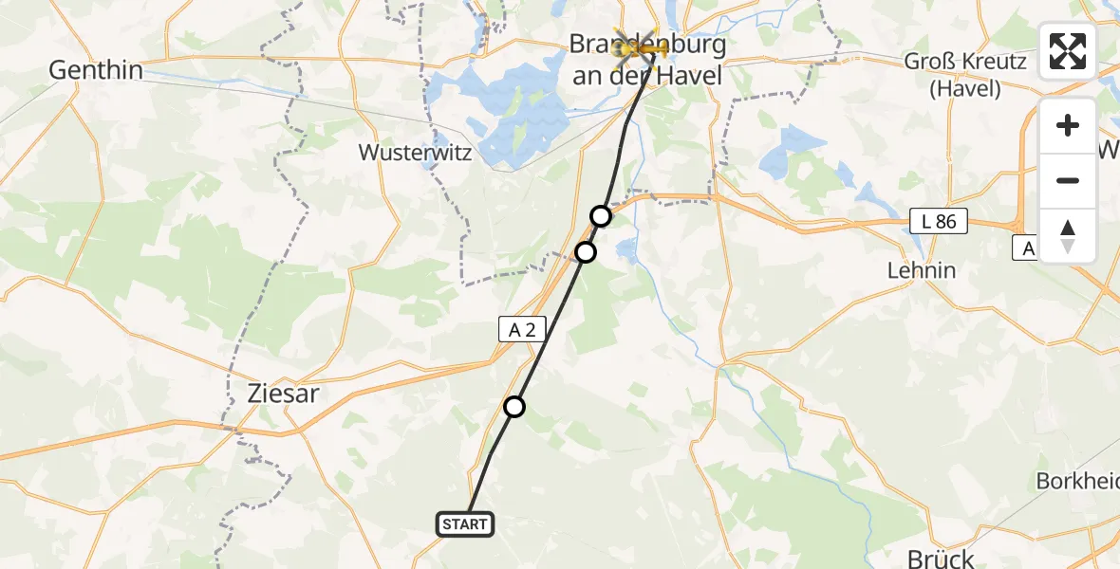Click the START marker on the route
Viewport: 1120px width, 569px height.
click(465, 523)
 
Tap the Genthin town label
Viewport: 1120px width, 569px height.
click(96, 70)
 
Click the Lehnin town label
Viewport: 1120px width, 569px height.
click(921, 270)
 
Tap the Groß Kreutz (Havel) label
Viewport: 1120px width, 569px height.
click(965, 76)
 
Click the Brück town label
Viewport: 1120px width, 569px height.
click(927, 558)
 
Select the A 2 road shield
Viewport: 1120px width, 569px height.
click(523, 329)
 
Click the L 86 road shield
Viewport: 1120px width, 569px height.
click(937, 222)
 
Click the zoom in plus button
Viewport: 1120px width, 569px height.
click(1068, 125)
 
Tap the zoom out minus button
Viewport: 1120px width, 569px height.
click(1068, 180)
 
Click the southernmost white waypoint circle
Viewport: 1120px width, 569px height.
click(513, 407)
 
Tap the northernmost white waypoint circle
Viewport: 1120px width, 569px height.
click(601, 216)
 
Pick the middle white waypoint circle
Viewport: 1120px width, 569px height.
click(586, 252)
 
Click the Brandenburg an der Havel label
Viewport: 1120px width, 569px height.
click(647, 59)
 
